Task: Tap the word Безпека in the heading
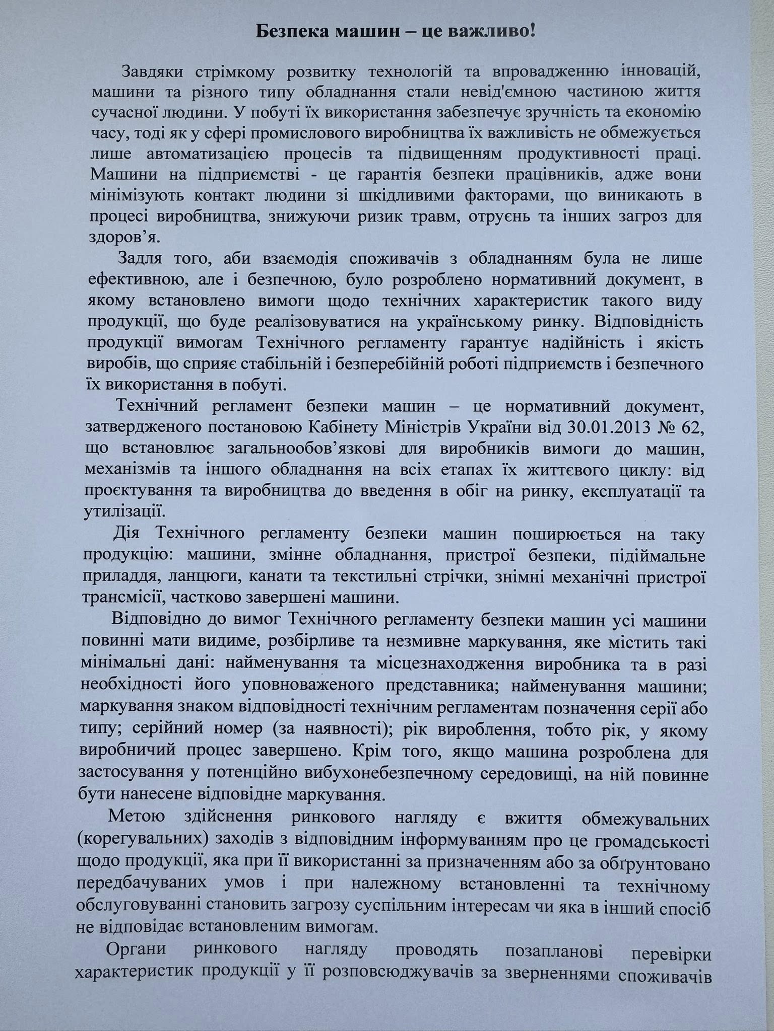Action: [x=289, y=32]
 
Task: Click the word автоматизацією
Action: [x=181, y=154]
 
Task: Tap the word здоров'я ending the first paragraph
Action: [x=116, y=236]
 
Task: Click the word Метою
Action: [x=132, y=818]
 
